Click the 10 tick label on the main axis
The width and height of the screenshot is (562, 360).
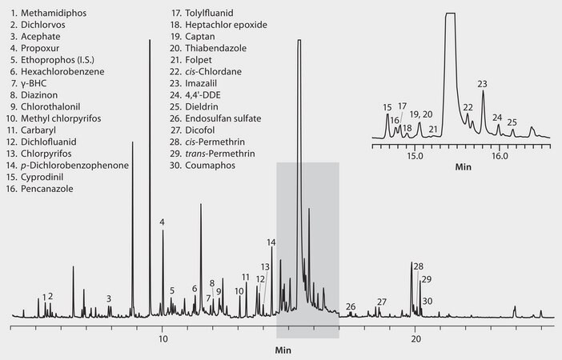(163, 338)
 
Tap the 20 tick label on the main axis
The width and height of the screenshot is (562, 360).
(415, 338)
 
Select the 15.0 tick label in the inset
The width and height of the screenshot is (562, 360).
(415, 155)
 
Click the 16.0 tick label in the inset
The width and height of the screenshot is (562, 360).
(499, 155)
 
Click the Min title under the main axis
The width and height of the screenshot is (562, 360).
(283, 350)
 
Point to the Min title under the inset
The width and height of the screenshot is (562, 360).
(464, 168)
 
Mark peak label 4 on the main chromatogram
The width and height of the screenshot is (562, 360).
(162, 222)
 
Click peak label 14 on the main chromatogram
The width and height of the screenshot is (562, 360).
(271, 242)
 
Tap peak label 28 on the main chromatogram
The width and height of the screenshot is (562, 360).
(419, 266)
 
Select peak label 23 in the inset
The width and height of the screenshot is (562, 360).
(482, 83)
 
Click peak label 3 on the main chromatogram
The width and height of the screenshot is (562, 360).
(109, 298)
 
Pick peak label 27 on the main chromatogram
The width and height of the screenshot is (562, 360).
(382, 302)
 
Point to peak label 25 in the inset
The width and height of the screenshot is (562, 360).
(512, 122)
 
